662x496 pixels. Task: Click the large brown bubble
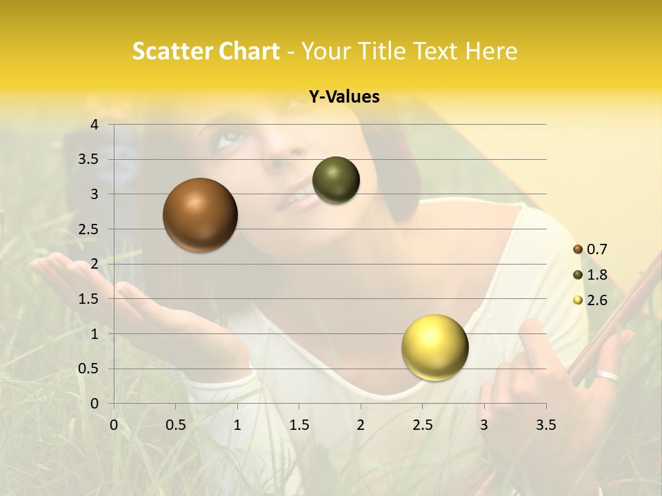tap(200, 215)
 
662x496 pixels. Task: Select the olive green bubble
tap(336, 180)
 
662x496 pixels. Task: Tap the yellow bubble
tap(434, 347)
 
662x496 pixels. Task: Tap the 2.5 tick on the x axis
tap(422, 426)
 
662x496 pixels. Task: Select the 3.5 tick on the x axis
tap(545, 426)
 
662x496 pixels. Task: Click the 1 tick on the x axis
tap(237, 426)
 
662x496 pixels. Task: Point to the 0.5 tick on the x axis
tap(176, 426)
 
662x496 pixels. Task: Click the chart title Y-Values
tap(343, 97)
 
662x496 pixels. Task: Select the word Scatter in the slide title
tap(168, 51)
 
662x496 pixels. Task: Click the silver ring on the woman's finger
tap(608, 376)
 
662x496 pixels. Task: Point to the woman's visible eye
tap(230, 138)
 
